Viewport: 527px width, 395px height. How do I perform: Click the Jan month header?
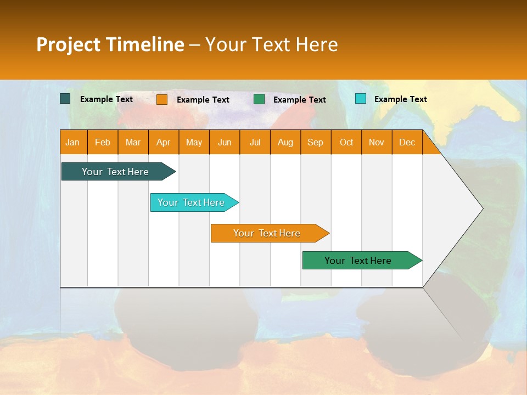pos(73,142)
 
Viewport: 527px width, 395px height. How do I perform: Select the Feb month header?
pos(103,142)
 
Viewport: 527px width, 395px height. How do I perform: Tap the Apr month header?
pos(164,142)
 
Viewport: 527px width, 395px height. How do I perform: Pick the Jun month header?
pos(225,142)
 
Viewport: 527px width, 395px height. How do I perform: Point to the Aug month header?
pos(285,142)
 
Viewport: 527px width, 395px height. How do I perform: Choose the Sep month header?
pos(316,142)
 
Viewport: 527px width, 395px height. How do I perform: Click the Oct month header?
pos(346,142)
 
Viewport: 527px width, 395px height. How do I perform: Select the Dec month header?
pos(407,142)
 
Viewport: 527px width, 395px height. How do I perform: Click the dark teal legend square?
pos(65,99)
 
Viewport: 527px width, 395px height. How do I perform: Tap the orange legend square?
pos(162,99)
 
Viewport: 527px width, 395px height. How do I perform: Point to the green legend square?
pos(259,99)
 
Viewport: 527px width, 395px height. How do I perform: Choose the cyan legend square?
pos(361,99)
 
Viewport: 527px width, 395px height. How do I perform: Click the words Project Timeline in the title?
pos(110,44)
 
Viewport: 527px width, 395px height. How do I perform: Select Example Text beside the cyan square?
pos(400,99)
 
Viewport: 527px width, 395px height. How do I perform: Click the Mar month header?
pos(133,142)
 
